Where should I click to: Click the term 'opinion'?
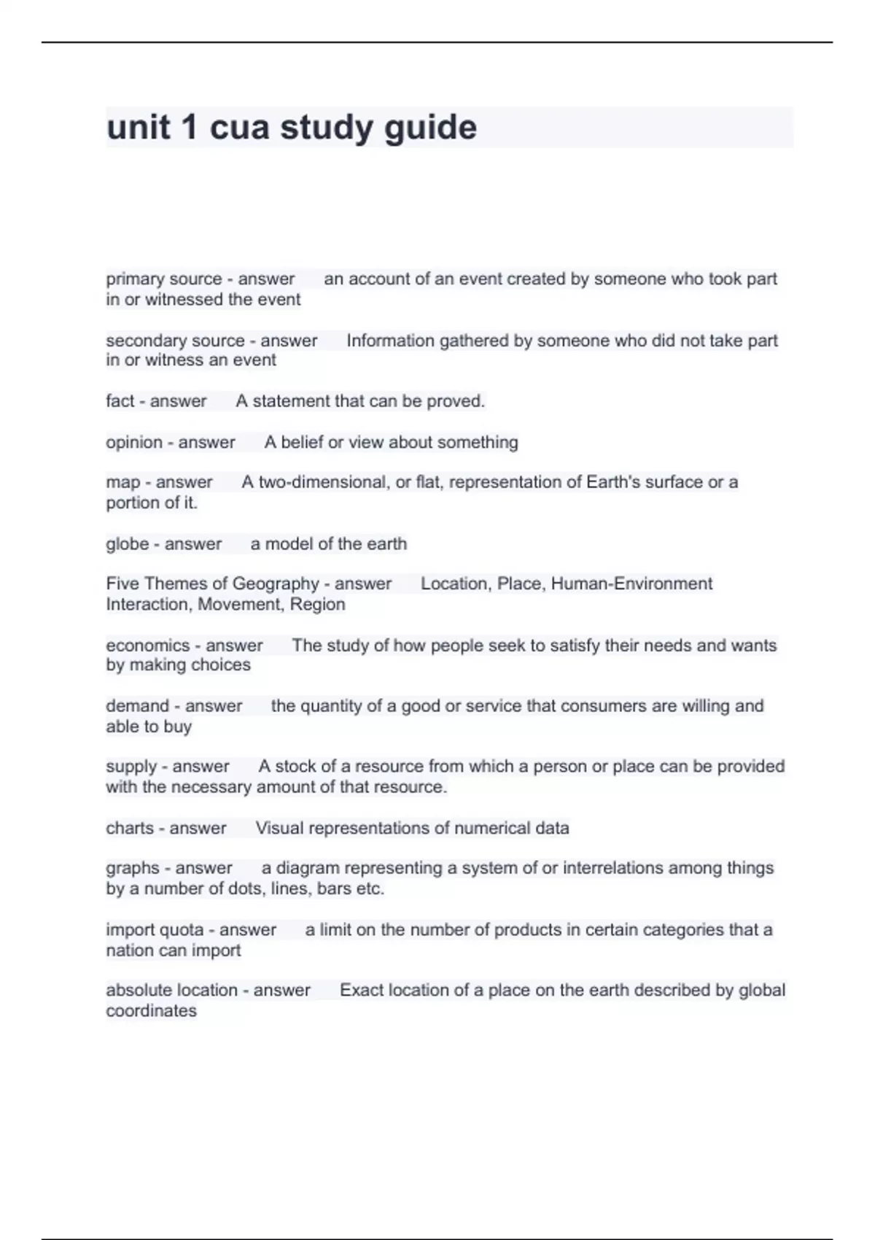[134, 443]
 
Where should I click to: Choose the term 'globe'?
[127, 544]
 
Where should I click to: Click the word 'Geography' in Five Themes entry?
[273, 584]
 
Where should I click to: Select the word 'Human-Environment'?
[631, 584]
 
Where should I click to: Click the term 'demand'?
[137, 706]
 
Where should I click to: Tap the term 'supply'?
[131, 767]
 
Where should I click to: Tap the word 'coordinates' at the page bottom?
[151, 1011]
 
